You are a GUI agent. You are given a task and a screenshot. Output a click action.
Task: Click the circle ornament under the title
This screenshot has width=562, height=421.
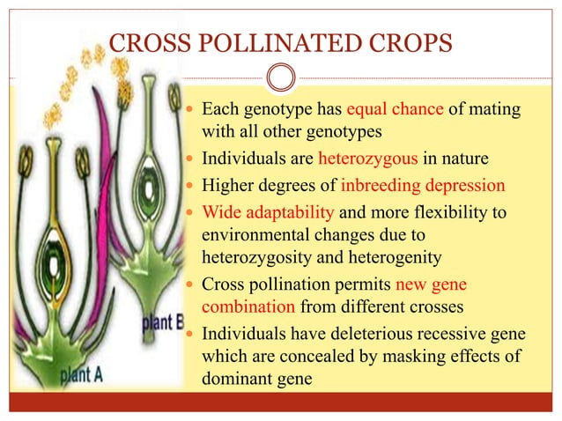(281, 79)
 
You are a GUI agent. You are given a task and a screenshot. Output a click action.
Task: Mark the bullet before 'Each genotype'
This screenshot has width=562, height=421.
(194, 113)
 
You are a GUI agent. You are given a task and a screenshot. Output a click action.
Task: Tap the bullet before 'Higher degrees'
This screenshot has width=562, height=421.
(194, 187)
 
